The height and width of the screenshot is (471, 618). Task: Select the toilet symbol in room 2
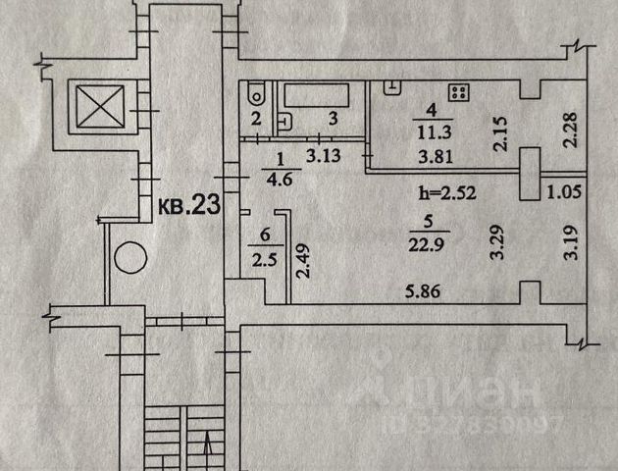pyautogui.click(x=255, y=94)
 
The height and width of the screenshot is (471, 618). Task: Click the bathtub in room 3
pyautogui.click(x=316, y=95)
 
